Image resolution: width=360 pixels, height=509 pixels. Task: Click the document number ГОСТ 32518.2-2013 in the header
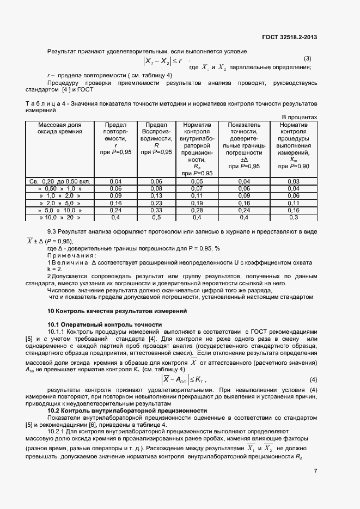[289, 38]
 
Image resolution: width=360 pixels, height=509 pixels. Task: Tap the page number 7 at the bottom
[315, 471]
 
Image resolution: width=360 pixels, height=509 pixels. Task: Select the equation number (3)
[307, 58]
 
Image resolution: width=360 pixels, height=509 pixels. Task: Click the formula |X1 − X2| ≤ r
[162, 62]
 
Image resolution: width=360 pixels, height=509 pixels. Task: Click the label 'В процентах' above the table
[299, 117]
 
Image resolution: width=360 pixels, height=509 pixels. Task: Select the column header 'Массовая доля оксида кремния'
[60, 128]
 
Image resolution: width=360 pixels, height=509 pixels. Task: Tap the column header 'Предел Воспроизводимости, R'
[156, 138]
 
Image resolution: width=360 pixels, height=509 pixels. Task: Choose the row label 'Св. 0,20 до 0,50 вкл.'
[60, 181]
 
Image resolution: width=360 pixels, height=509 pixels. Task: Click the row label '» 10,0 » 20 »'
[60, 217]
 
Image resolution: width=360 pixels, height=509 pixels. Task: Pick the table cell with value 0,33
[156, 210]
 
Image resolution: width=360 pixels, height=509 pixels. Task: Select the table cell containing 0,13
[156, 195]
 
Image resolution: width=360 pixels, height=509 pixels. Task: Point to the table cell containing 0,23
[156, 203]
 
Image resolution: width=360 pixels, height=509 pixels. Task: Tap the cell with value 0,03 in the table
[294, 181]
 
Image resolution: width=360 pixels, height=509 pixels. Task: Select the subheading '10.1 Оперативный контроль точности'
[105, 324]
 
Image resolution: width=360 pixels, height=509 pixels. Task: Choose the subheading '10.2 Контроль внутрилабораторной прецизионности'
[127, 410]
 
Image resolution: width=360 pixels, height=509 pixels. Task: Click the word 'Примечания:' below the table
[71, 255]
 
